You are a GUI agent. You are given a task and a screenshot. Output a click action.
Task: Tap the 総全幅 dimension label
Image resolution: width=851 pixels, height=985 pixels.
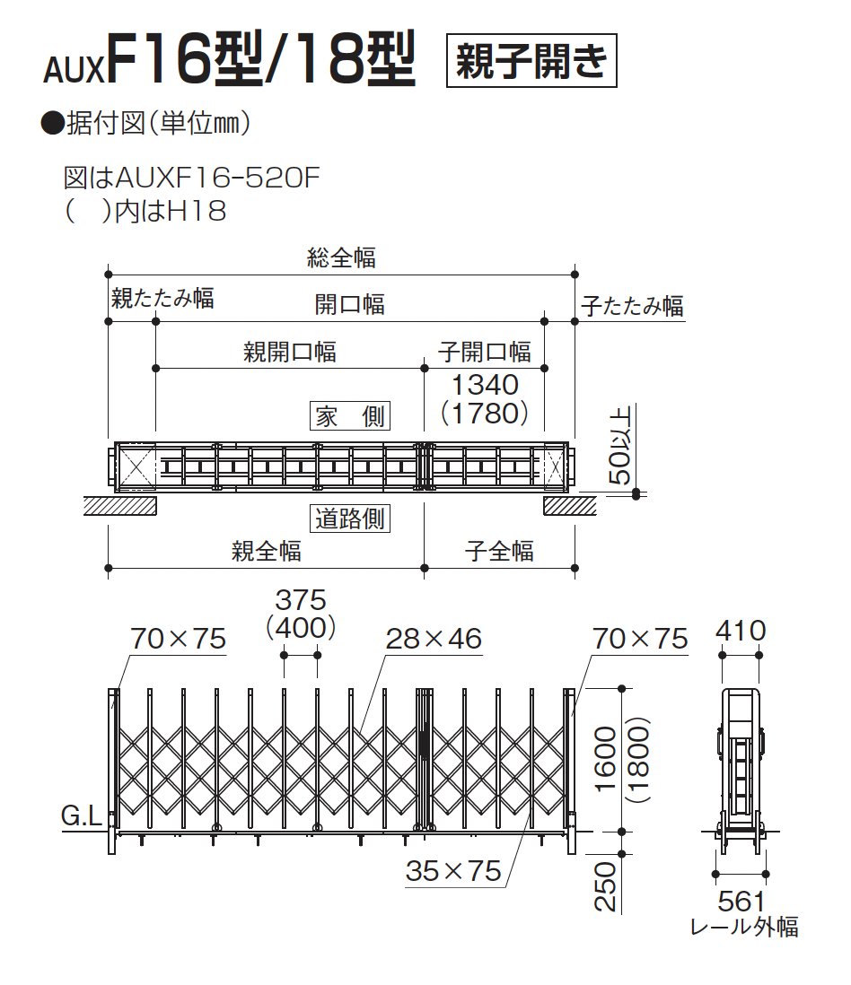point(341,258)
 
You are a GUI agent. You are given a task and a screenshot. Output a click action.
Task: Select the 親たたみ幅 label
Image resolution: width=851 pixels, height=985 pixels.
point(162,298)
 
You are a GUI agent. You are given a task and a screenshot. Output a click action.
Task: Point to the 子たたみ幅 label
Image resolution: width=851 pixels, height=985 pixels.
point(632,306)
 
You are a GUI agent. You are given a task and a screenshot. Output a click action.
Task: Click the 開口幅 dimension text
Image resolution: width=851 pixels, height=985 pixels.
point(350,304)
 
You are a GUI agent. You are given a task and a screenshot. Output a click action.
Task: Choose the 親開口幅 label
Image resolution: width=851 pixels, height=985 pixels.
point(290,352)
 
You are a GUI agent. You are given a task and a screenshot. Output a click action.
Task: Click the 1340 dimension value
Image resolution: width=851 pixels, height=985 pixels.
point(485,385)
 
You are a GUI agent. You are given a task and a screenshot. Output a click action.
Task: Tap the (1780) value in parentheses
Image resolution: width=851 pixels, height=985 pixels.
point(485,414)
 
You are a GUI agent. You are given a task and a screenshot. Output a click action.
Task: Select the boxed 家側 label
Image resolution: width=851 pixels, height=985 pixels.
point(350,416)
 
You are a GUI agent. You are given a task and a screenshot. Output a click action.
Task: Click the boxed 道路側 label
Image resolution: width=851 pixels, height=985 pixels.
point(351,519)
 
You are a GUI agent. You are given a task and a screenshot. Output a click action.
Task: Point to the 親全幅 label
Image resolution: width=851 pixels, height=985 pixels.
point(267,550)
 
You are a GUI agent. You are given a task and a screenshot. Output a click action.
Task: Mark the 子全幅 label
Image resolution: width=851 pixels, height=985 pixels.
point(499,550)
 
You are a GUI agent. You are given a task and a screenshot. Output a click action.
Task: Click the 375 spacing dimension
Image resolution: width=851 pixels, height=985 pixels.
point(301,599)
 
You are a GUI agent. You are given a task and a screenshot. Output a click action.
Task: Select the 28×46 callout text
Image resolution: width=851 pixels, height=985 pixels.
point(434,639)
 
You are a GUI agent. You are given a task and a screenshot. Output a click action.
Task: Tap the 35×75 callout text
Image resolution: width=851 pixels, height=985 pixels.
point(453,870)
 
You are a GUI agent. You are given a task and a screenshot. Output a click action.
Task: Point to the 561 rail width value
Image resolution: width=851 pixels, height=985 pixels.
point(741,900)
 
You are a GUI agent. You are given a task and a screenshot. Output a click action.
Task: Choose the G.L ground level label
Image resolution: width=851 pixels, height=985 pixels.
point(82,816)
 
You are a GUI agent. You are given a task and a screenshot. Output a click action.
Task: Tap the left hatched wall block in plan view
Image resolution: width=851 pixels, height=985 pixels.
point(120,505)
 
